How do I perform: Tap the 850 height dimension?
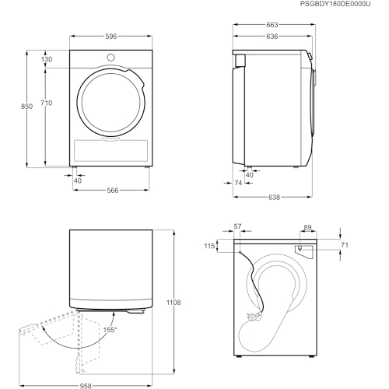point(27,107)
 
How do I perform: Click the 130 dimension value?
point(47,59)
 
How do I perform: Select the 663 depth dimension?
point(272,25)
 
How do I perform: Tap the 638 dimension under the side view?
point(275,198)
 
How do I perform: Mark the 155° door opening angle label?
point(110,330)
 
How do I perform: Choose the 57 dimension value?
point(237,227)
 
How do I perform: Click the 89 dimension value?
point(307,227)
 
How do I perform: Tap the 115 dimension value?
point(209,247)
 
